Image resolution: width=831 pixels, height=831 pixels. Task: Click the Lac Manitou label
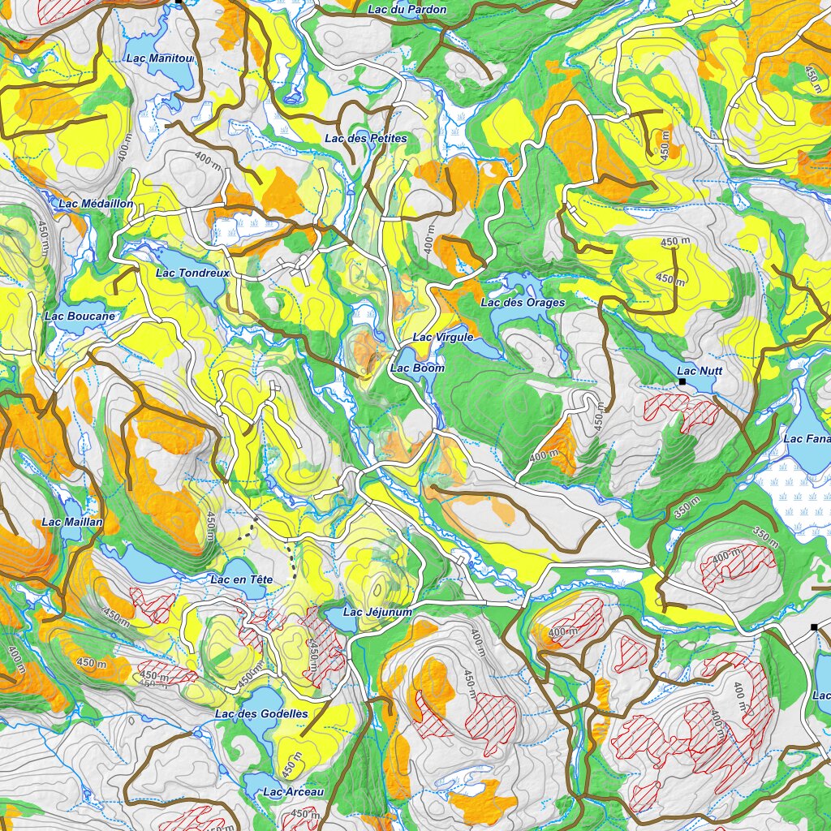(160, 58)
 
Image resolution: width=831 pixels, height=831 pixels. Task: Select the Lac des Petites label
(365, 139)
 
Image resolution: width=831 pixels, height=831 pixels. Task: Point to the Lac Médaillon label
(96, 204)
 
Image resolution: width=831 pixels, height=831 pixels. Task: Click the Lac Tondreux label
(192, 273)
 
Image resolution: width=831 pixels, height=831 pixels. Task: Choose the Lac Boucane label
(80, 316)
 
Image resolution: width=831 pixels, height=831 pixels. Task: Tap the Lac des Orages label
(523, 303)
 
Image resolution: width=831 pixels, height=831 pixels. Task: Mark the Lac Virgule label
(442, 337)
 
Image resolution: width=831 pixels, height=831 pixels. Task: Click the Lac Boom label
(417, 368)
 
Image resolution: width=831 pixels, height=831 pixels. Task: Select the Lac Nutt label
(700, 371)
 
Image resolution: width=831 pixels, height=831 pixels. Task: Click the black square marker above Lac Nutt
(682, 381)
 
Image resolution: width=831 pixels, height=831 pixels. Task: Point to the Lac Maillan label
(72, 522)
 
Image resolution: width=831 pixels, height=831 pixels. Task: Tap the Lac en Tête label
(241, 579)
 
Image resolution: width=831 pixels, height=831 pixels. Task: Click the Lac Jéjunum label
(377, 612)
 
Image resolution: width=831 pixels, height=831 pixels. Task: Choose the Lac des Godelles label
(261, 713)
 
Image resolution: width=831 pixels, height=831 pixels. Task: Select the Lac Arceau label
(294, 791)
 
